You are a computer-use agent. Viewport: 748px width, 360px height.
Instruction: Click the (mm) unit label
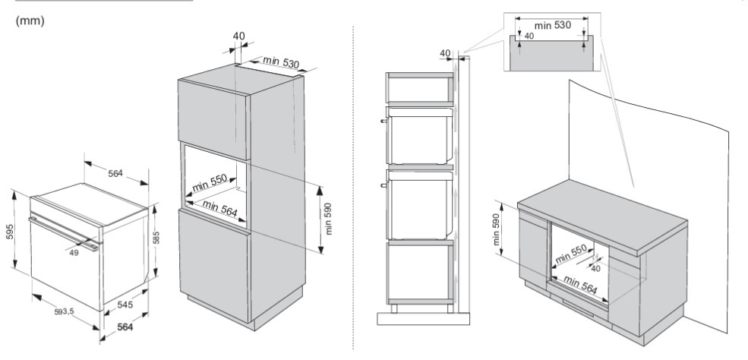click(30, 21)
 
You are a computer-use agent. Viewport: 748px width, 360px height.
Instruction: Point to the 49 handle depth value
click(74, 253)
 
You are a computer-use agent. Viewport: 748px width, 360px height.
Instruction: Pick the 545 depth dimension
click(125, 305)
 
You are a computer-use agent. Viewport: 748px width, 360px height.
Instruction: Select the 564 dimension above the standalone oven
click(115, 174)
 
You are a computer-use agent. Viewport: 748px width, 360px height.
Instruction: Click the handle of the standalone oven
click(65, 231)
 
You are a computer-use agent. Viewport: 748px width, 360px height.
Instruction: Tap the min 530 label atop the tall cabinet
click(280, 62)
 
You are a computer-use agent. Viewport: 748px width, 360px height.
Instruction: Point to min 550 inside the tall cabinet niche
click(210, 183)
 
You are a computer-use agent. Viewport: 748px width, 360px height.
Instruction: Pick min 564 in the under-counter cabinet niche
click(580, 286)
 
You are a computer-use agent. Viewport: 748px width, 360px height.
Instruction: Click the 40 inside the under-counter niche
click(595, 267)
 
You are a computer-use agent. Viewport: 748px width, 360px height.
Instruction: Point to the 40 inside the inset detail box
click(529, 36)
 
